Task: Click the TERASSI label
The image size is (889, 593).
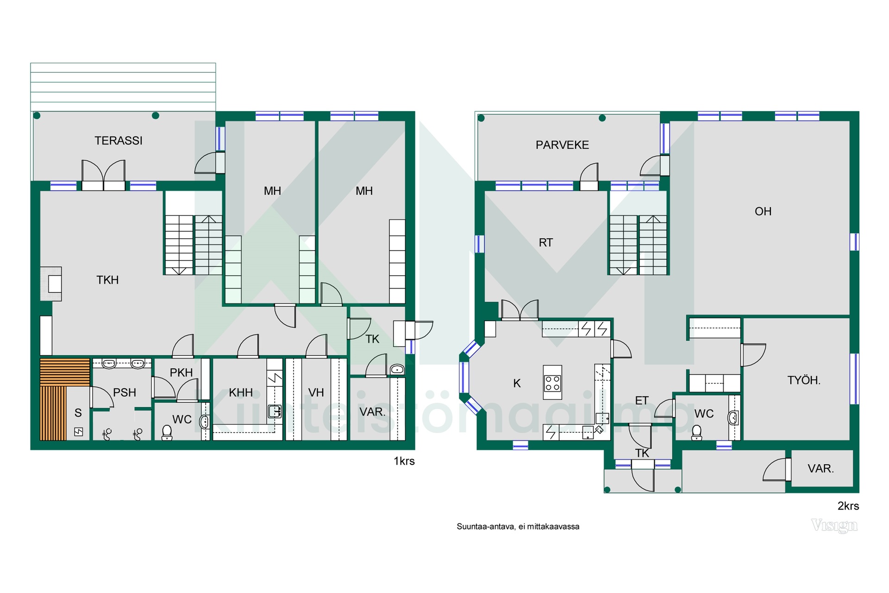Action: pos(119,140)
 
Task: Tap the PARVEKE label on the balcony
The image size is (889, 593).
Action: pos(562,145)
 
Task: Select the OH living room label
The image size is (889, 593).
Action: pos(763,211)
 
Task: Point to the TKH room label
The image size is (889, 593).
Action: pos(107,280)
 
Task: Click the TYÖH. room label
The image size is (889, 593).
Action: pos(804,380)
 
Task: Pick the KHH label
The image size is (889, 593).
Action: pos(241,393)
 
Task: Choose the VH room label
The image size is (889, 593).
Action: pos(316,393)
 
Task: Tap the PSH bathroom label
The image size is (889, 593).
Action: pos(125,393)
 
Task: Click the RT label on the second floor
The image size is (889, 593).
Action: pos(546,242)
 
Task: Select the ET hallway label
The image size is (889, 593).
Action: pos(642,401)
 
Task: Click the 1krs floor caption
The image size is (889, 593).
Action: pos(404,461)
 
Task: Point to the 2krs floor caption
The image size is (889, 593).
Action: pos(848,506)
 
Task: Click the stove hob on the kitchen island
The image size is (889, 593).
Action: pos(552,382)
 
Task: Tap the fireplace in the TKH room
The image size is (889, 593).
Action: pos(51,284)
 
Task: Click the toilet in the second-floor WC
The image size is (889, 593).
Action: pos(696,433)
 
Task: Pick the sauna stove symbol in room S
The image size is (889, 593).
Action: pos(79,432)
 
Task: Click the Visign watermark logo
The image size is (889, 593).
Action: pos(834,525)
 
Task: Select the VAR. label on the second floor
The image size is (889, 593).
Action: pos(820,468)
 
